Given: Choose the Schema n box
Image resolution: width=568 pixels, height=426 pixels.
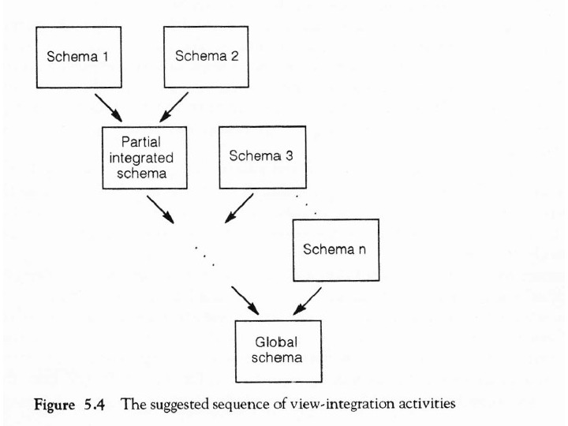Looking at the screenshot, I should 334,249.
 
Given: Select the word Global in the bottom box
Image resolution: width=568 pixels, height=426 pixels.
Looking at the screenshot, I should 277,342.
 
